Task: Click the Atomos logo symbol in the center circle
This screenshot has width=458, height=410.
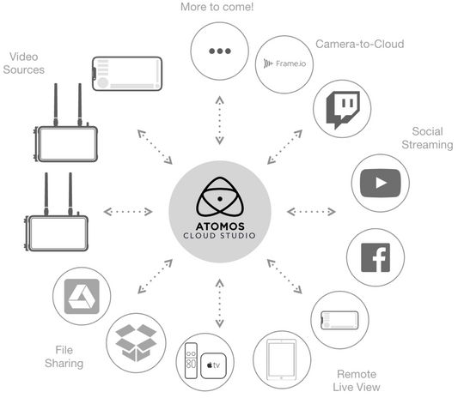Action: tap(220, 196)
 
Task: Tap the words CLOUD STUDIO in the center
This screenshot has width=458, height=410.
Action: tap(220, 236)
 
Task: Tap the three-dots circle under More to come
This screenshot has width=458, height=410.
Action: tap(220, 51)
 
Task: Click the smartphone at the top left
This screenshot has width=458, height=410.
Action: tap(127, 75)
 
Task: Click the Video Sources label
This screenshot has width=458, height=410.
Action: tap(25, 63)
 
